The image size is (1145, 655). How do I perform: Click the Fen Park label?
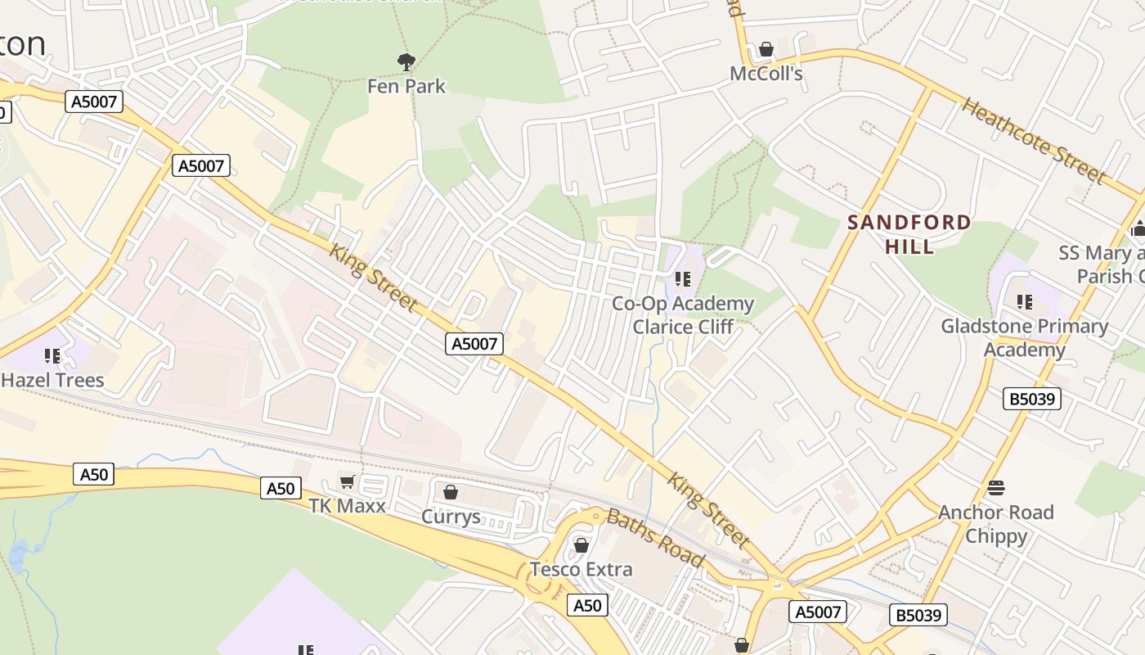pos(406,86)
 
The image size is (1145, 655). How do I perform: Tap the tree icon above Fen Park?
pos(406,61)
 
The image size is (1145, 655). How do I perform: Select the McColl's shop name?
pos(766,74)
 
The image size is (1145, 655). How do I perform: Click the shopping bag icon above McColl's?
pos(766,50)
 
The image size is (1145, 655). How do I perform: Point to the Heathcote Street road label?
pos(1034,140)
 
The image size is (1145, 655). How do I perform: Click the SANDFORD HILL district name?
pos(909,233)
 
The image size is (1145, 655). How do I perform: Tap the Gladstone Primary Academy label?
pos(1024,338)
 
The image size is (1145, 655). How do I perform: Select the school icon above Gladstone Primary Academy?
pos(1024,302)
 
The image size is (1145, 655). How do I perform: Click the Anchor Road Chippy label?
pos(995,524)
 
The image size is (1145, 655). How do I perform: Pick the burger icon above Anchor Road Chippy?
pos(995,489)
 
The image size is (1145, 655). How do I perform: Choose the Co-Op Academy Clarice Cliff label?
pos(683,315)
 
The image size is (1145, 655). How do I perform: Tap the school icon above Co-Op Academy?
pos(683,279)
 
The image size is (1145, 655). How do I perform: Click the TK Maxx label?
pos(347,506)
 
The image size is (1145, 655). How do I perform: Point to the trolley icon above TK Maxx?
pos(347,481)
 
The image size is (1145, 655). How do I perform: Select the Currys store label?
pos(450,517)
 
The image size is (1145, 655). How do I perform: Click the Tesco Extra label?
pos(581,569)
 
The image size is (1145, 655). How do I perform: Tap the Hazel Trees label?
pos(53,380)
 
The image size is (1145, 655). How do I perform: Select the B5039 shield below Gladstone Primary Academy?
pos(1032,399)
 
